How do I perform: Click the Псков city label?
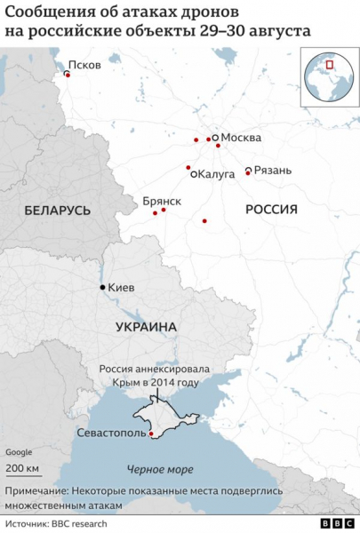click(84, 65)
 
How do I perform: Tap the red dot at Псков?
click(68, 75)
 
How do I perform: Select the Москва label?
click(241, 138)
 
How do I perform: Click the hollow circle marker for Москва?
click(216, 138)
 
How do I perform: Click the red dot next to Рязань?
click(248, 173)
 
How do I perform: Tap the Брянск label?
click(162, 202)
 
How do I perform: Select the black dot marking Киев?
click(103, 287)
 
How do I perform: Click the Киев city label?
click(122, 288)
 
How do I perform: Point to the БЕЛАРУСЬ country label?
click(58, 211)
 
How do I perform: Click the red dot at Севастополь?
click(151, 434)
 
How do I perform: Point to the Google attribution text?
click(19, 452)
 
